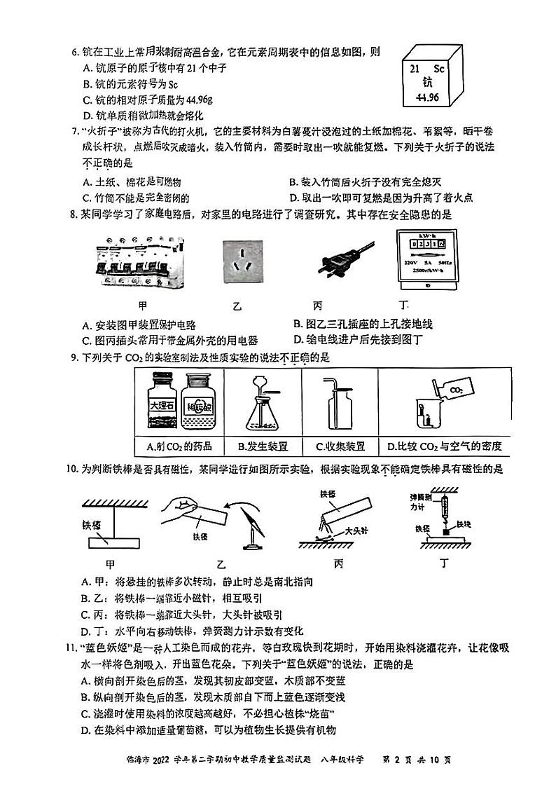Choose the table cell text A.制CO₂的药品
[179, 446]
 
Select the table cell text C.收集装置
[340, 446]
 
